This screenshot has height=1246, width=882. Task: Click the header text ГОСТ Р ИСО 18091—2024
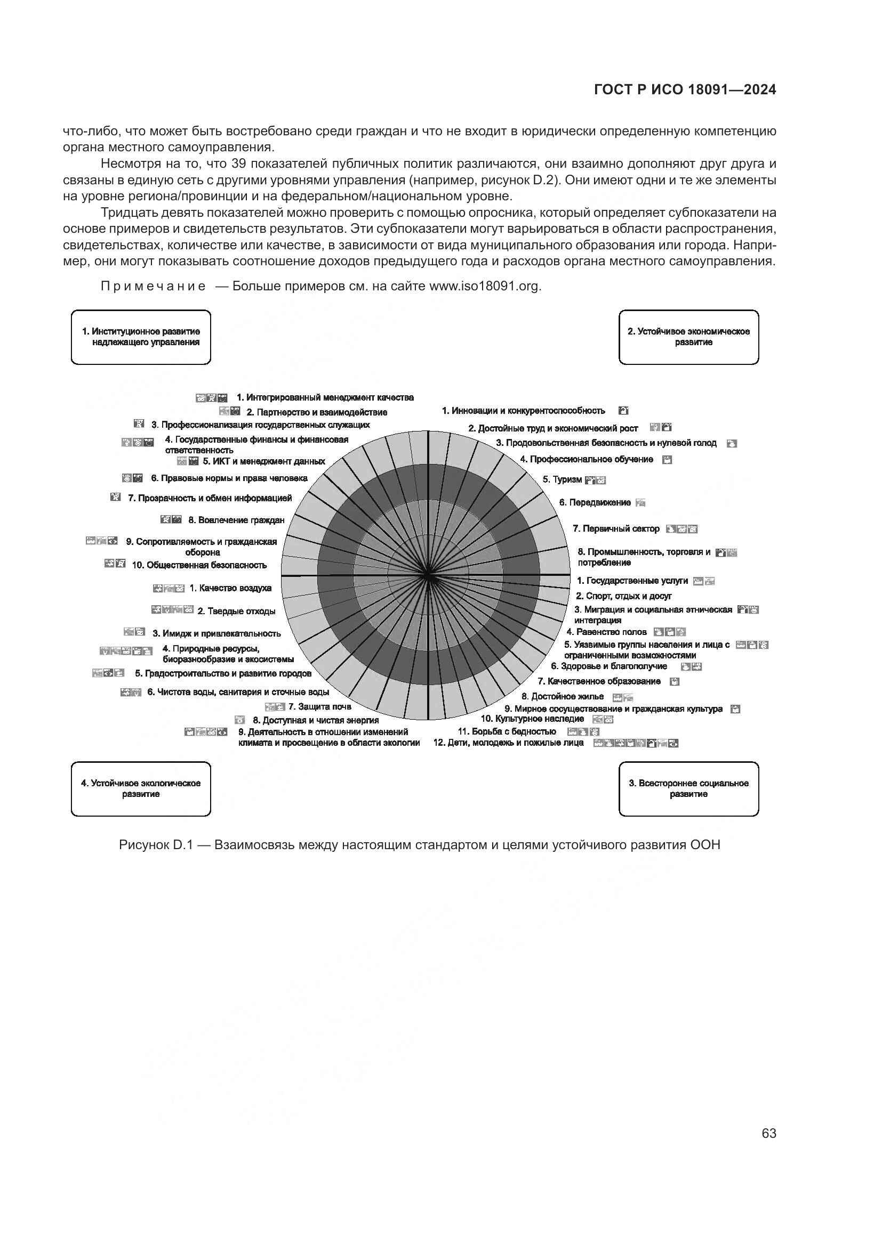pyautogui.click(x=685, y=90)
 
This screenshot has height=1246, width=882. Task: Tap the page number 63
pyautogui.click(x=768, y=1134)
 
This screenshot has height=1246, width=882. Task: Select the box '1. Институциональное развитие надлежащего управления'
pyautogui.click(x=141, y=337)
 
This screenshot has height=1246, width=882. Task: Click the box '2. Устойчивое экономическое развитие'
pyautogui.click(x=688, y=337)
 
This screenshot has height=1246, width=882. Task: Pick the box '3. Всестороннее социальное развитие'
pyautogui.click(x=688, y=788)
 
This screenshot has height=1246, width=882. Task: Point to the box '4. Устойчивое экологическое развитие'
pyautogui.click(x=141, y=788)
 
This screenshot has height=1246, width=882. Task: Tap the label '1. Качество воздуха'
pyautogui.click(x=230, y=588)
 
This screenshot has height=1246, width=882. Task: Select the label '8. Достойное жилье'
pyautogui.click(x=562, y=697)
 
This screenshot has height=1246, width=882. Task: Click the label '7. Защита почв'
pyautogui.click(x=319, y=706)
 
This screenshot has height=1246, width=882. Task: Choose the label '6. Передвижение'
pyautogui.click(x=595, y=503)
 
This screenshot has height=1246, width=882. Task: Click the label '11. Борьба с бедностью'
pyautogui.click(x=507, y=731)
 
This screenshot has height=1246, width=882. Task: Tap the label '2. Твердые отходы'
pyautogui.click(x=236, y=612)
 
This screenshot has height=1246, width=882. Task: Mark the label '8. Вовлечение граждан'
pyautogui.click(x=236, y=520)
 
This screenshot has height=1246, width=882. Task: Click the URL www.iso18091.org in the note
pyautogui.click(x=484, y=287)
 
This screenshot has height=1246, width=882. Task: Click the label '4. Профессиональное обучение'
pyautogui.click(x=587, y=460)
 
